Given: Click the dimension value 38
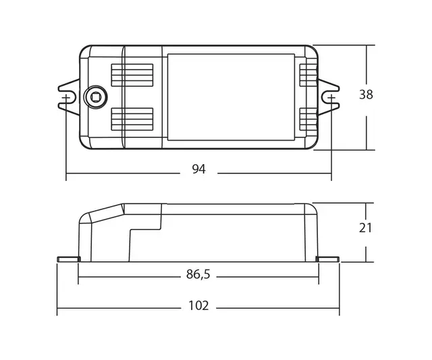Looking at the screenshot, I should pyautogui.click(x=366, y=95).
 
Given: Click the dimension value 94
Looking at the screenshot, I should pyautogui.click(x=198, y=170).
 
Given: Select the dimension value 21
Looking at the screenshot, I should pyautogui.click(x=366, y=228).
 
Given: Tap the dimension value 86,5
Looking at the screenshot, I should pyautogui.click(x=198, y=275).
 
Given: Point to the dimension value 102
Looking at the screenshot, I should pyautogui.click(x=198, y=306).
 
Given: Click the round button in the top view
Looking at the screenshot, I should pyautogui.click(x=95, y=97).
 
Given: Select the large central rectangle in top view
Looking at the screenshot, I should pyautogui.click(x=231, y=97).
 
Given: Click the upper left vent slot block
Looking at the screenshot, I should pyautogui.click(x=132, y=75).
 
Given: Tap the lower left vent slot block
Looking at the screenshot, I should pyautogui.click(x=132, y=119).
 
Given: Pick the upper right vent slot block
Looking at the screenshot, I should pyautogui.click(x=308, y=75).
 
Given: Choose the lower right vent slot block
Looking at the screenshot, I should pyautogui.click(x=308, y=119).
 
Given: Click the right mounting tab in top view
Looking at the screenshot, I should pyautogui.click(x=329, y=97).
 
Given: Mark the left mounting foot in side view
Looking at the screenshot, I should pyautogui.click(x=68, y=259).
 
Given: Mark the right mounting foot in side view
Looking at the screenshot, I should pyautogui.click(x=328, y=259).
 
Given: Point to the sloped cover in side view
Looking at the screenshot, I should pyautogui.click(x=107, y=213).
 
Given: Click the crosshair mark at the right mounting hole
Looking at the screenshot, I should pyautogui.click(x=331, y=98).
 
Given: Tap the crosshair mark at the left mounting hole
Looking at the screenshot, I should pyautogui.click(x=65, y=98).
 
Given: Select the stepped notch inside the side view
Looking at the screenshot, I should pyautogui.click(x=145, y=230).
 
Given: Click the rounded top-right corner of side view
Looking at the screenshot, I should pyautogui.click(x=312, y=207).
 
